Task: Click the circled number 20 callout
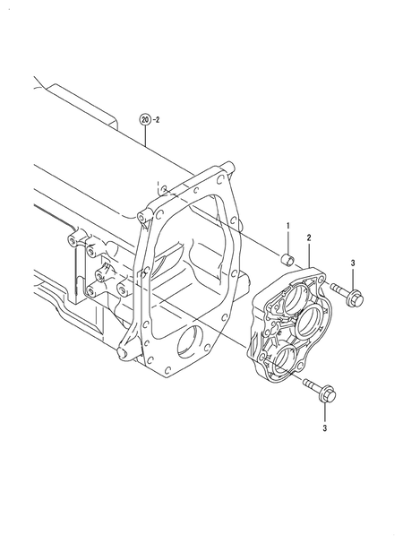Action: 144,117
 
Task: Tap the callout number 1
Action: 288,225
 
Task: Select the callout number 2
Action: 308,238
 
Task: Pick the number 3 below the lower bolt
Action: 324,428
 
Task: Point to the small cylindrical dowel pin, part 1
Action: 288,260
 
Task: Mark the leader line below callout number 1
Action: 288,240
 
